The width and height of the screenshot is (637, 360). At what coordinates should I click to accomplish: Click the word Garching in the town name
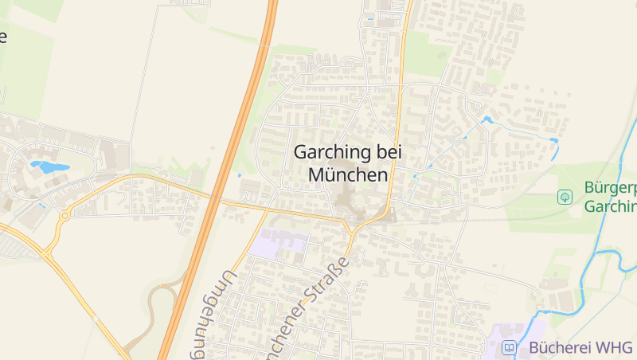(x=332, y=151)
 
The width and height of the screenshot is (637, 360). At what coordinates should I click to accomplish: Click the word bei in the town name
(x=389, y=151)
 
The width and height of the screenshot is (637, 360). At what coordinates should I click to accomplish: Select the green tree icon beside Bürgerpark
(x=565, y=196)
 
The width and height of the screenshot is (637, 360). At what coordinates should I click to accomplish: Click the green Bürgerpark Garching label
(x=610, y=198)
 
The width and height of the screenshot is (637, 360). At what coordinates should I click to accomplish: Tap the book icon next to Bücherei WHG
(x=508, y=347)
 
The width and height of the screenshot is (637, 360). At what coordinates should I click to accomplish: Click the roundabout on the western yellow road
(x=64, y=215)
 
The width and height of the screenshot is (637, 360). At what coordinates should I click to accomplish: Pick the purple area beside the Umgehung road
(x=278, y=242)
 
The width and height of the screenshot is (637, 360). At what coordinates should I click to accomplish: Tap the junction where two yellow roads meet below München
(x=350, y=231)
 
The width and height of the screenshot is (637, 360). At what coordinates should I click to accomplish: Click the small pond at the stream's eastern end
(x=553, y=141)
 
